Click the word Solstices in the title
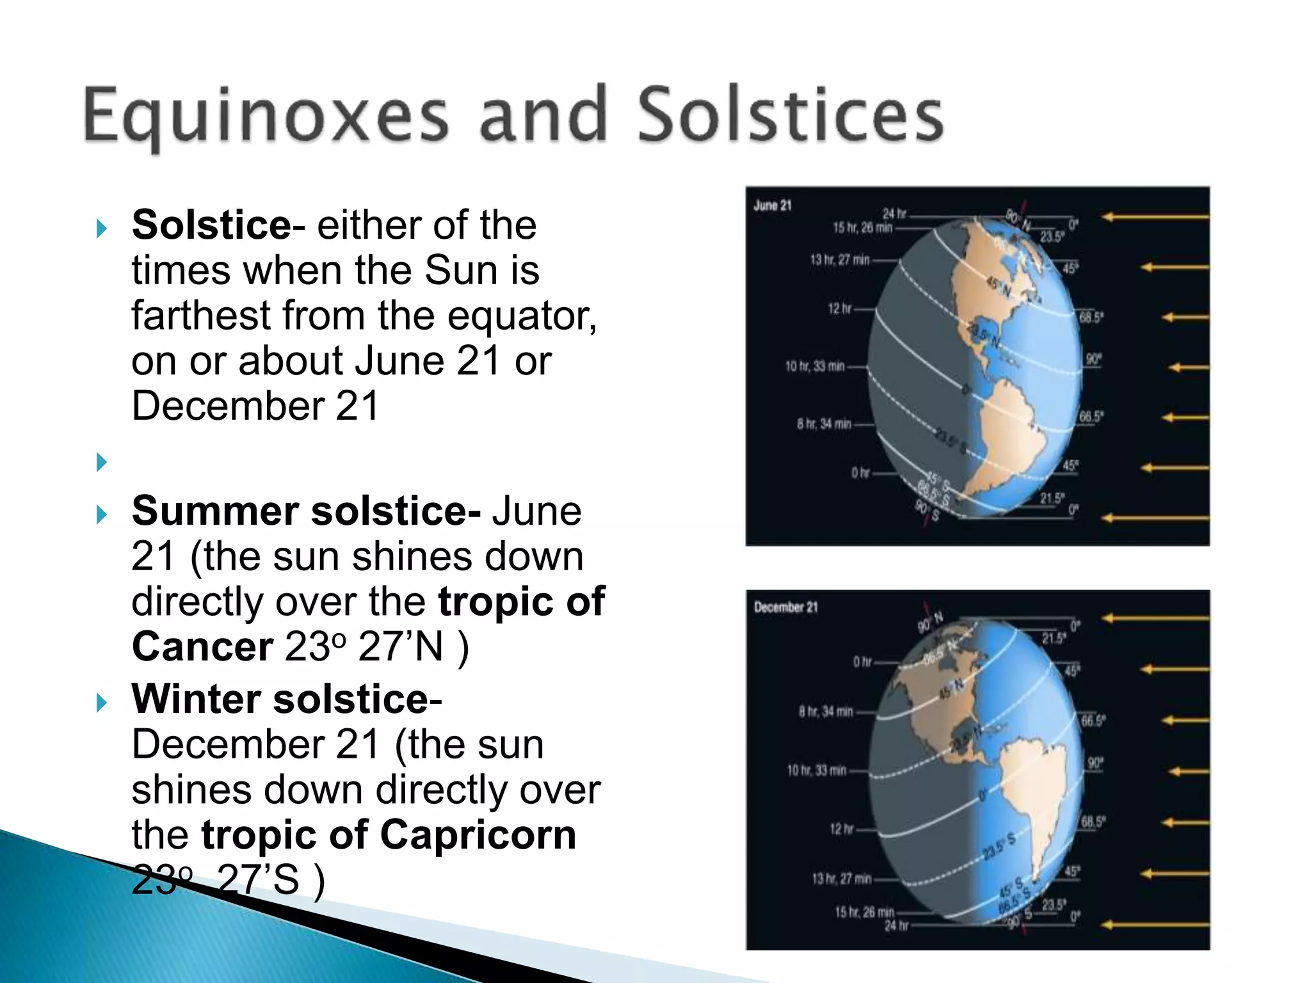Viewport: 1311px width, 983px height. [x=791, y=115]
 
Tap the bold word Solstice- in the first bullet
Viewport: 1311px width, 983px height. [x=212, y=225]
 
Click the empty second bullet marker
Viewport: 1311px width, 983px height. [x=101, y=461]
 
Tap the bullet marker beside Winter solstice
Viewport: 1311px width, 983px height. [x=101, y=703]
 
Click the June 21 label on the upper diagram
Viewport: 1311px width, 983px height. [x=773, y=205]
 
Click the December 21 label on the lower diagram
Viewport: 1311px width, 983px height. [x=785, y=607]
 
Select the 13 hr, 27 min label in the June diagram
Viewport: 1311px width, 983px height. [x=839, y=260]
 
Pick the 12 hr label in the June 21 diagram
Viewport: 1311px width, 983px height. [x=839, y=309]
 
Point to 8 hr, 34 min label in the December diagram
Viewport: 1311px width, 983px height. [x=825, y=711]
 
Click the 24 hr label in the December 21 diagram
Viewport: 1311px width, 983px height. [x=896, y=925]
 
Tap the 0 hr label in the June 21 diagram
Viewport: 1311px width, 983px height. [x=860, y=473]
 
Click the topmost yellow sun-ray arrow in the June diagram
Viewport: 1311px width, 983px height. [x=1155, y=217]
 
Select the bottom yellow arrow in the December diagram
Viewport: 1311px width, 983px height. [x=1155, y=924]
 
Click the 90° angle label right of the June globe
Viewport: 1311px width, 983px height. [x=1093, y=359]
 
